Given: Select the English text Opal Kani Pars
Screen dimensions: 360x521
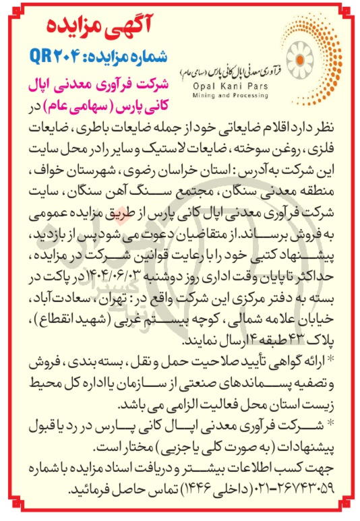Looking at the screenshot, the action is coord(224,88).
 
